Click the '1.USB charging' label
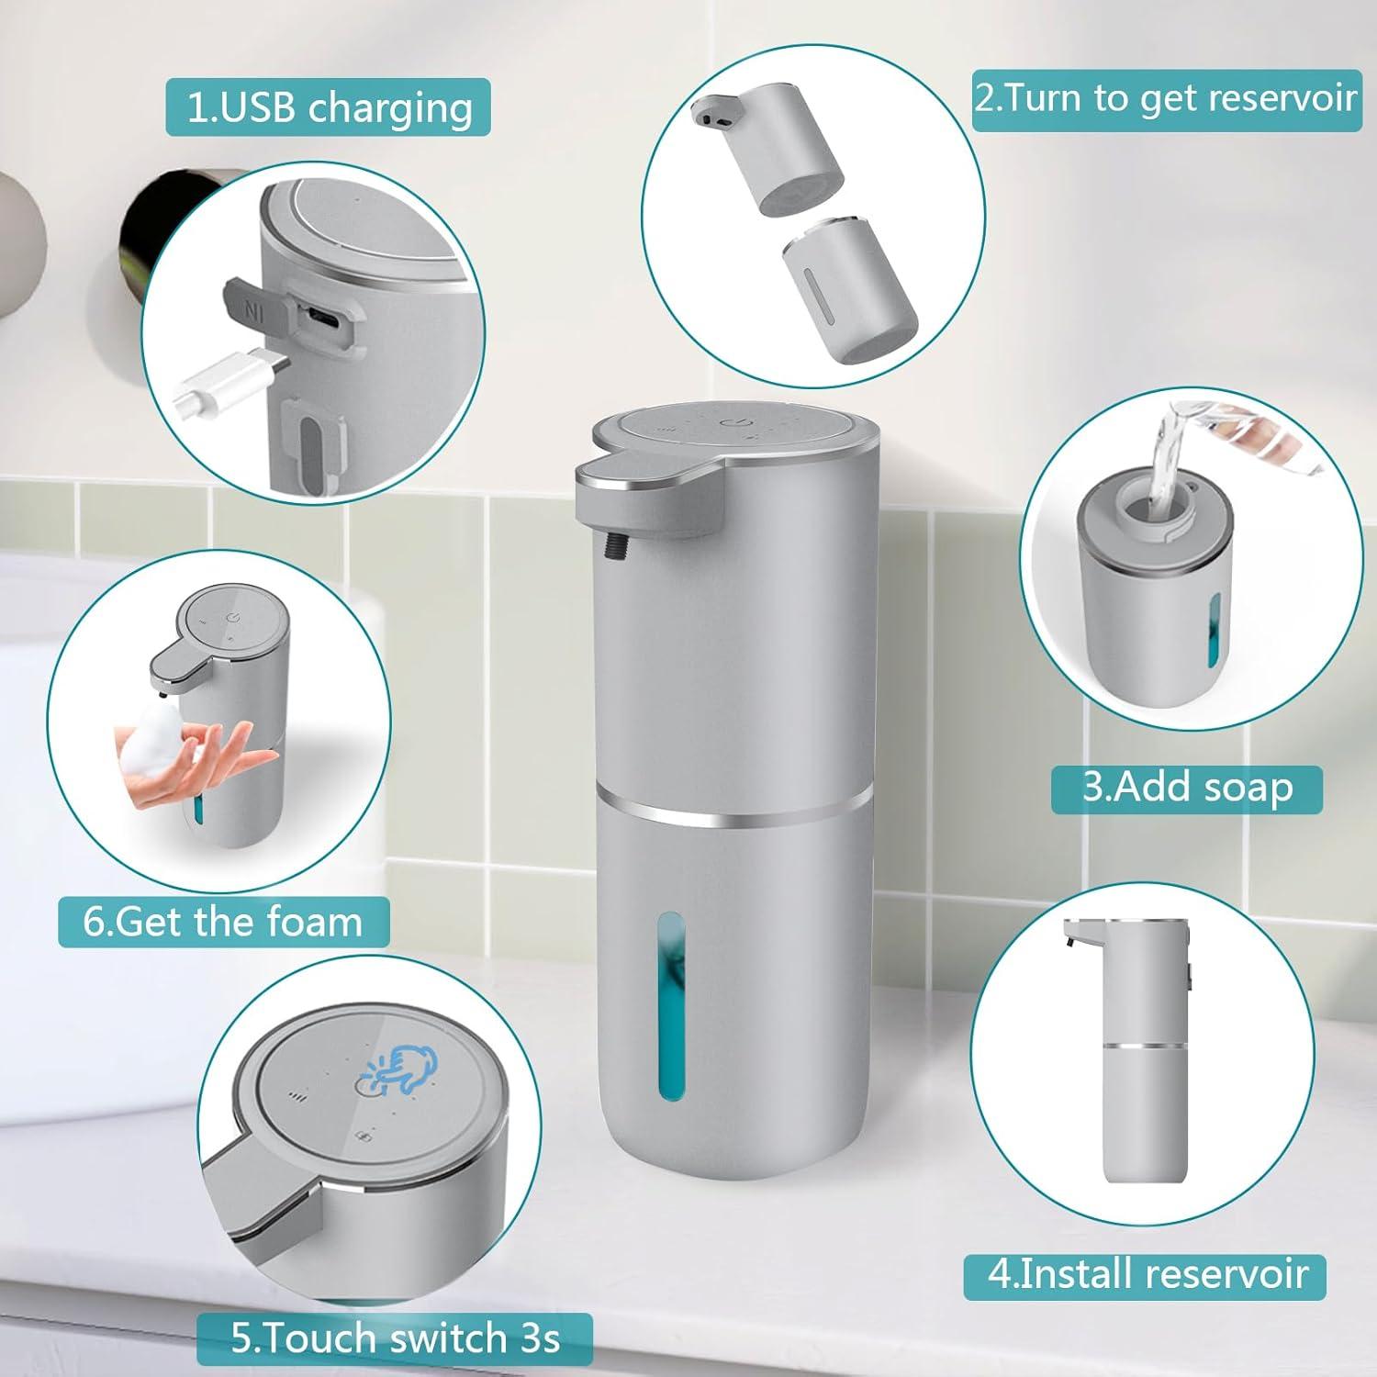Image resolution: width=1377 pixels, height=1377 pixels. tap(328, 107)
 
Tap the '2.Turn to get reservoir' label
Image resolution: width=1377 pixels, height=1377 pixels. tap(1166, 98)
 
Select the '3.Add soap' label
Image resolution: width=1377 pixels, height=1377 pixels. tap(1186, 789)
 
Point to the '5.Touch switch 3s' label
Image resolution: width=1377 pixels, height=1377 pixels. tap(395, 1338)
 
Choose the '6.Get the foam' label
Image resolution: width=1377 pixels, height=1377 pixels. tap(223, 921)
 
